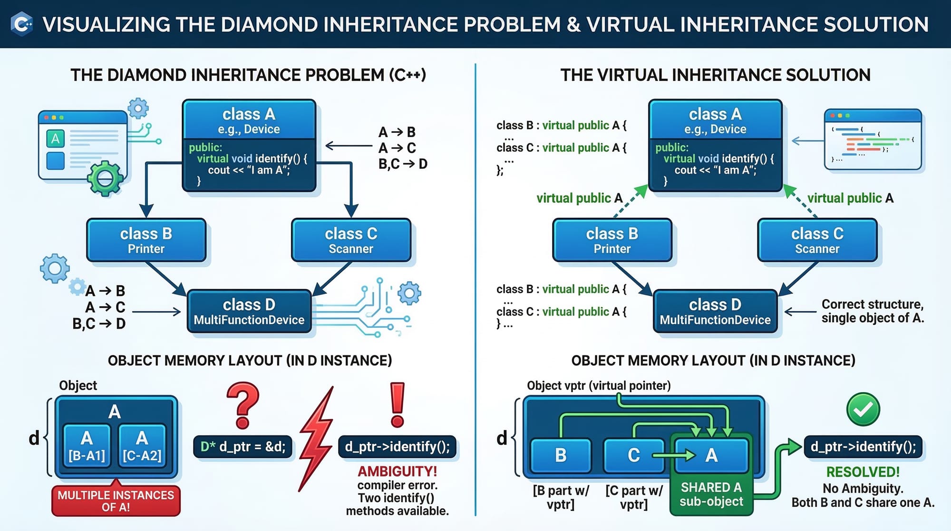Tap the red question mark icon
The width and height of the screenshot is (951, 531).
243,405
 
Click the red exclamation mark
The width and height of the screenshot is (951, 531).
398,404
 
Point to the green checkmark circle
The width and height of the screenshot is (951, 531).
863,409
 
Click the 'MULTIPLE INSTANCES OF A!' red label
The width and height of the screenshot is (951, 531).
116,501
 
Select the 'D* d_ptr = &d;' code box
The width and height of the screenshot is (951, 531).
243,447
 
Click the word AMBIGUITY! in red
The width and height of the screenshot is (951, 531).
397,472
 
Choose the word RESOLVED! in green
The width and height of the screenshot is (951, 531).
863,472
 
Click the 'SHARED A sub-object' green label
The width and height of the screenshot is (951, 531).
711,494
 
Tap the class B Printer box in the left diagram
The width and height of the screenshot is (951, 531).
146,240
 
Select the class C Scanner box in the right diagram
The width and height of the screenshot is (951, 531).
817,240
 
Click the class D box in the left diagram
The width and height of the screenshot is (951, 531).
249,312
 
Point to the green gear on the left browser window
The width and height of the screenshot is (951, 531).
105,178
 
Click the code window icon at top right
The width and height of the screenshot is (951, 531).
873,139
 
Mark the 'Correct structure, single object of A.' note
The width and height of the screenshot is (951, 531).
873,311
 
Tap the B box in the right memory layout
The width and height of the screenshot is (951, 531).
561,455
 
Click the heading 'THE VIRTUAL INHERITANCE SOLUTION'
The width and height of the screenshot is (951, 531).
715,75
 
